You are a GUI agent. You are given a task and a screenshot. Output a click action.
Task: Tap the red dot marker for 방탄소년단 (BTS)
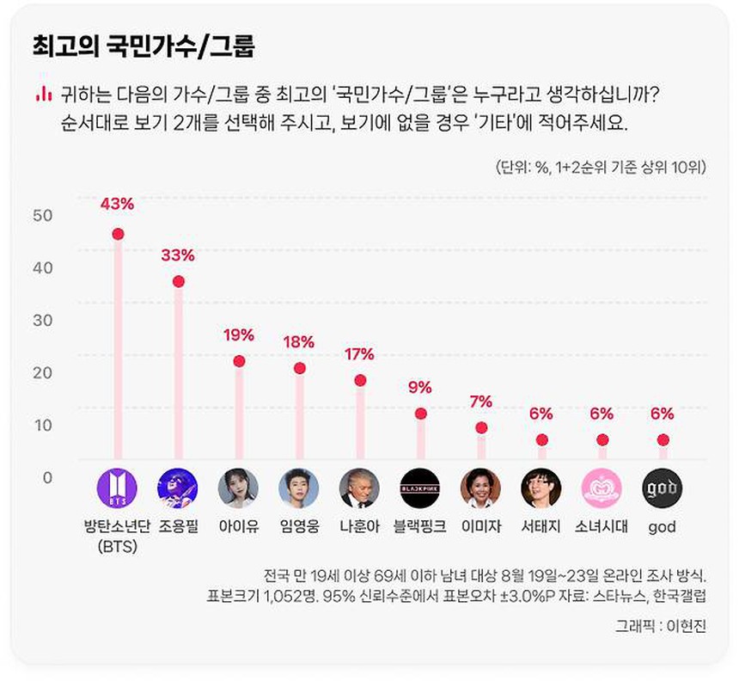[x=118, y=234]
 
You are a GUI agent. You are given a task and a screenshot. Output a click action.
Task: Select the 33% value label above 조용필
[x=178, y=255]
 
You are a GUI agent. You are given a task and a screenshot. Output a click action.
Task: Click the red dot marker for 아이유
[x=239, y=361]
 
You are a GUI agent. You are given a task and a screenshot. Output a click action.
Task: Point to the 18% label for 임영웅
[x=299, y=342]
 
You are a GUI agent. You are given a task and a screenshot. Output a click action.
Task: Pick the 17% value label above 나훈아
[x=359, y=354]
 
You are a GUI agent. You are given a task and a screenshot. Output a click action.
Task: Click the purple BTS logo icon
[x=117, y=488]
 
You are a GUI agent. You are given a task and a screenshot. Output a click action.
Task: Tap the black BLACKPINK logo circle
[x=420, y=488]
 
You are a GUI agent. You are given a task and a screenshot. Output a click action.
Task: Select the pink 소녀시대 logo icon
[x=602, y=488]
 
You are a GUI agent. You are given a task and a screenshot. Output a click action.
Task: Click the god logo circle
[x=663, y=488]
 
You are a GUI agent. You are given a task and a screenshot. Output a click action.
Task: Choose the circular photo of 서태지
[x=541, y=488]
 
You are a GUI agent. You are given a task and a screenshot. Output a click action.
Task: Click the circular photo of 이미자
[x=480, y=488]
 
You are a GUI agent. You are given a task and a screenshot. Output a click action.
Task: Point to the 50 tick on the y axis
[x=43, y=215]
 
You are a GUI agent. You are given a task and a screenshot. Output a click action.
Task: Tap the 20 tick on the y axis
[x=43, y=372]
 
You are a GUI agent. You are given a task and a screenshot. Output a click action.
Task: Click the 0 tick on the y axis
[x=48, y=477]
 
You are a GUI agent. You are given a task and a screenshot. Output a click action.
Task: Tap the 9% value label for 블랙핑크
[x=420, y=388]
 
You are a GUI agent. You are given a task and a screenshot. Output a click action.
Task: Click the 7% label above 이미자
[x=481, y=402]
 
